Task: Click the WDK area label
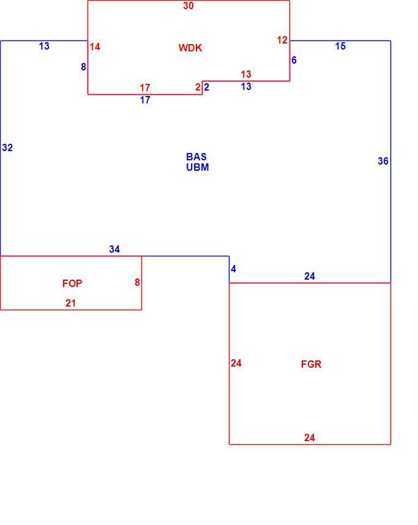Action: pyautogui.click(x=190, y=48)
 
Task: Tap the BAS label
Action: pyautogui.click(x=196, y=157)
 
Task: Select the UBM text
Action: pyautogui.click(x=198, y=167)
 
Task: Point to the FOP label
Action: pyautogui.click(x=72, y=283)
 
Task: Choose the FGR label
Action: pyautogui.click(x=311, y=364)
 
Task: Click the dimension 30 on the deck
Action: pyautogui.click(x=188, y=6)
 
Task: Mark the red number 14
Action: pyautogui.click(x=95, y=47)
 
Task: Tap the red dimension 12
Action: pyautogui.click(x=282, y=40)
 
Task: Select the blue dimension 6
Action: pyautogui.click(x=294, y=60)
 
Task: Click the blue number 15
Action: pyautogui.click(x=340, y=47)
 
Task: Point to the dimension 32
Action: pyautogui.click(x=7, y=147)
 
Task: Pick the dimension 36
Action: pyautogui.click(x=383, y=161)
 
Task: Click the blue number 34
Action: pyautogui.click(x=114, y=249)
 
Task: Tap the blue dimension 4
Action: pyautogui.click(x=233, y=269)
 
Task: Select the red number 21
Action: pyautogui.click(x=70, y=303)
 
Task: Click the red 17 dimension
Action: pyautogui.click(x=145, y=87)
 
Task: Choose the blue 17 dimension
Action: pyautogui.click(x=145, y=100)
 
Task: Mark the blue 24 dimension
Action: pyautogui.click(x=310, y=276)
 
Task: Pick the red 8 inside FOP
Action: pyautogui.click(x=137, y=282)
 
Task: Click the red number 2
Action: pyautogui.click(x=198, y=87)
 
